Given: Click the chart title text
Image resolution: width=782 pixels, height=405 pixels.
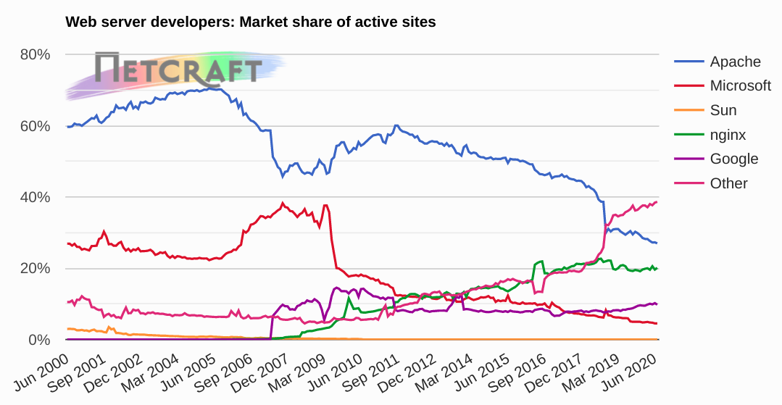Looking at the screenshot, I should pos(251,22).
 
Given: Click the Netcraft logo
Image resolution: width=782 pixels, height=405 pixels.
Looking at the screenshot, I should pos(178,70).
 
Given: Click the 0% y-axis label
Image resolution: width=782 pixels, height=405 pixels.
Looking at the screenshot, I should pos(38,340).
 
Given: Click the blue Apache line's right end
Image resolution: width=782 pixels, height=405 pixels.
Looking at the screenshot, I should pos(657,243).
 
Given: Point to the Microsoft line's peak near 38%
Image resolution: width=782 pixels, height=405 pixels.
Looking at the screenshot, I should pos(283,203).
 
